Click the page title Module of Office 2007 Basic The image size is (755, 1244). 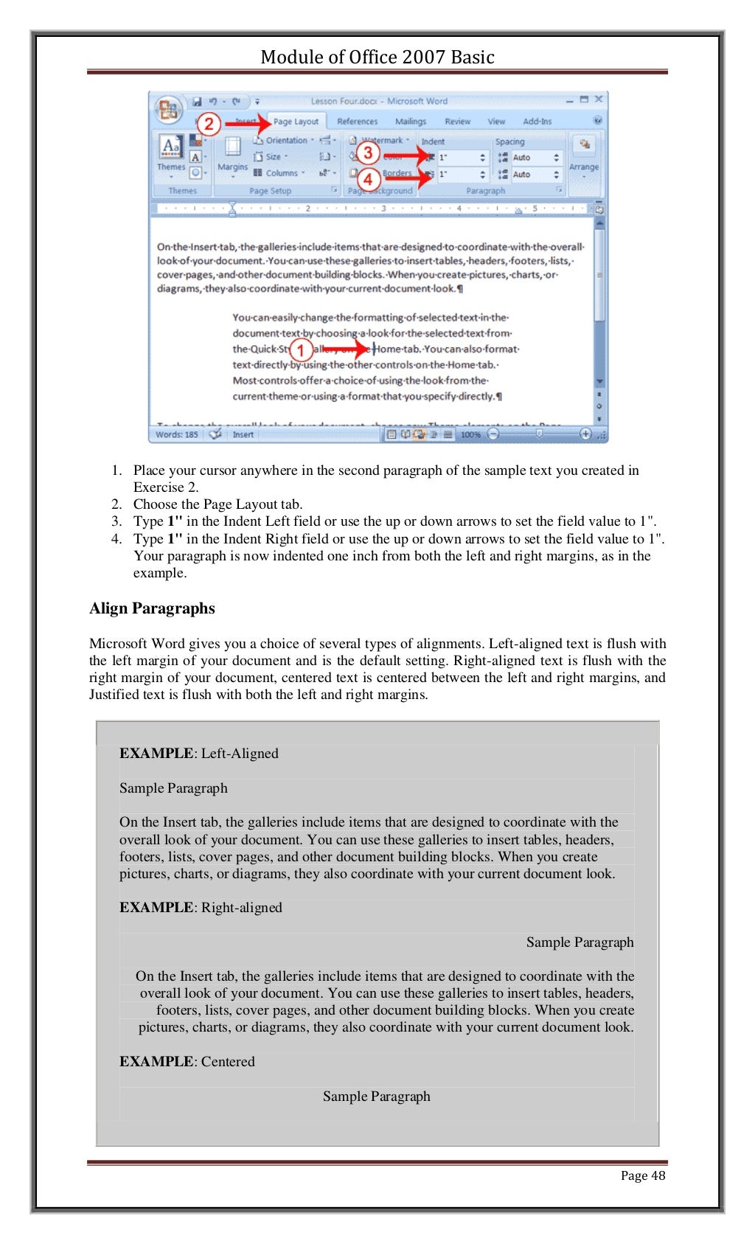[x=377, y=57]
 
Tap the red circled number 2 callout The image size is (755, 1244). [x=209, y=124]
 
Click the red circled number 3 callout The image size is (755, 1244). [x=368, y=153]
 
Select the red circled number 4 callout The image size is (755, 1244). [x=369, y=178]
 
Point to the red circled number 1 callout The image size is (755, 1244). [x=300, y=350]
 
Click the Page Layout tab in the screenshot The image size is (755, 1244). [x=296, y=122]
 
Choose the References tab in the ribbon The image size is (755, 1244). [x=357, y=122]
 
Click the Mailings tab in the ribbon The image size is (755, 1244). [x=410, y=122]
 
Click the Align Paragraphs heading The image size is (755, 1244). [x=152, y=608]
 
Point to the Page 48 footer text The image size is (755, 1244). [x=642, y=1175]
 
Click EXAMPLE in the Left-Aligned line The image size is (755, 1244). [x=156, y=754]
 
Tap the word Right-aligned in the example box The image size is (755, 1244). [x=241, y=908]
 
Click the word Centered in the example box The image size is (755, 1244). [x=228, y=1062]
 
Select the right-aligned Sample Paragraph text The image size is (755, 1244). [x=580, y=942]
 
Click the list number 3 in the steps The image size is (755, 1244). [x=116, y=521]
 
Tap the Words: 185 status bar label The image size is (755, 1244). [x=177, y=434]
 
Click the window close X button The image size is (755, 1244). [x=599, y=99]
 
